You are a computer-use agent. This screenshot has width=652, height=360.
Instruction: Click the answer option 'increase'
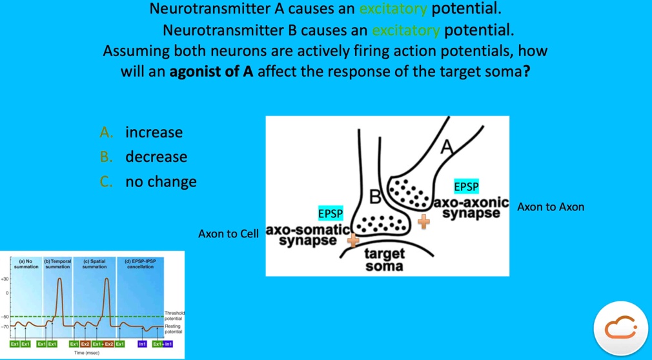tap(154, 132)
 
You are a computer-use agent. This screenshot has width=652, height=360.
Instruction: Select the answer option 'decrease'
tap(156, 157)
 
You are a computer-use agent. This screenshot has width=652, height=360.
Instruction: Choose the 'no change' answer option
tap(161, 181)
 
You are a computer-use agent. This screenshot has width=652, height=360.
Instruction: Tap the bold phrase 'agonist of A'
tap(211, 71)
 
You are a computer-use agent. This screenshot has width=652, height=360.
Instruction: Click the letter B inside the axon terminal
tap(375, 195)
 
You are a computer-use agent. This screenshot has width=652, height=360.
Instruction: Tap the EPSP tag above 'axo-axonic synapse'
tap(467, 186)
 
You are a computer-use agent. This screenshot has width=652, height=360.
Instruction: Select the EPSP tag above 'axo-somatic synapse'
tap(331, 213)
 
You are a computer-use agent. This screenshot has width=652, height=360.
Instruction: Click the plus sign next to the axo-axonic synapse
tap(423, 222)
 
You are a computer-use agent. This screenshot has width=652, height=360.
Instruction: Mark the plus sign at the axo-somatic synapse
tap(353, 240)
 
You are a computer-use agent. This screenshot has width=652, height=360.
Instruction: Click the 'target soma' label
tap(384, 259)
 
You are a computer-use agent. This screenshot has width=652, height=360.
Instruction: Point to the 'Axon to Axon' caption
tap(551, 207)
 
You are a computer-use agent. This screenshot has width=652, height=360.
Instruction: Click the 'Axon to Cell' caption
tap(228, 234)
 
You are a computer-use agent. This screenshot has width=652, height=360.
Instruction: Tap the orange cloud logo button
tap(620, 328)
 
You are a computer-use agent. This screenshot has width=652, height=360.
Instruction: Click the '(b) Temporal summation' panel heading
tap(57, 263)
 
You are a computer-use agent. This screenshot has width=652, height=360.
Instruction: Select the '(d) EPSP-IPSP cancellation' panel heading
tap(140, 263)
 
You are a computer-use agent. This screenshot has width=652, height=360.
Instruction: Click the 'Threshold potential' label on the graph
tap(174, 315)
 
